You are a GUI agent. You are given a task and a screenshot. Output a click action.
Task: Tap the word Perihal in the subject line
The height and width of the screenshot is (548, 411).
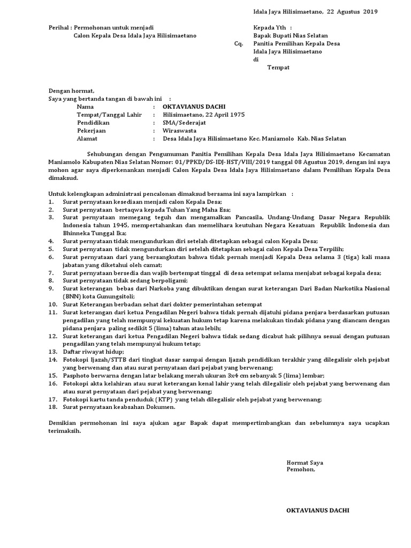pos(58,27)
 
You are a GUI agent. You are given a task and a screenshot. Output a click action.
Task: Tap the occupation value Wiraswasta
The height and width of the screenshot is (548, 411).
pos(179,130)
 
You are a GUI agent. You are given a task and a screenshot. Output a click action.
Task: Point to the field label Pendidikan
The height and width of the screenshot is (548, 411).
pos(93,122)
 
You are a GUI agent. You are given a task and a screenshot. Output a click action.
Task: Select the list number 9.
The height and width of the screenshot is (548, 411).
pos(50,288)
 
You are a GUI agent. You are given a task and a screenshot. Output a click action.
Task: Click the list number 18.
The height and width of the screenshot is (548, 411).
pos(52,407)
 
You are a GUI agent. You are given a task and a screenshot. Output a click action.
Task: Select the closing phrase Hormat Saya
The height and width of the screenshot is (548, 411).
pos(305,462)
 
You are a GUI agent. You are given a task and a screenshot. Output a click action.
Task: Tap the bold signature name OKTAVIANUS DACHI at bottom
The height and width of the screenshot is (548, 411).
pos(318,510)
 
